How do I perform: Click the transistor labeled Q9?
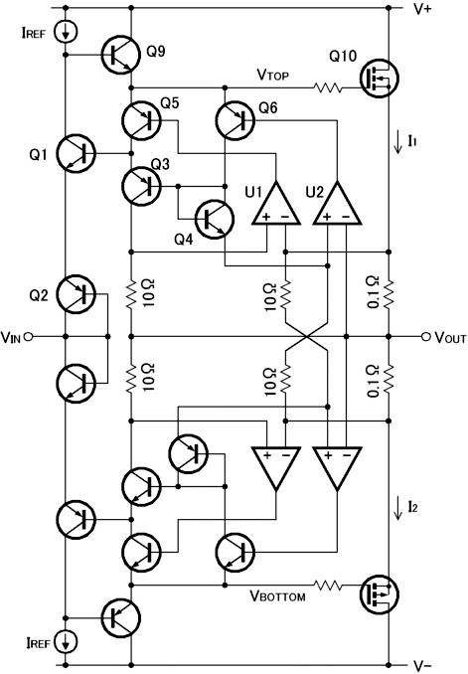tap(121, 54)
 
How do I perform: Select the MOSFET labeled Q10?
tap(379, 79)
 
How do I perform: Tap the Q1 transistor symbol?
tap(77, 153)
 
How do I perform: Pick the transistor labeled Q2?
tap(77, 294)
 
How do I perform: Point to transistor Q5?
tap(141, 120)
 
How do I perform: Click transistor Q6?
tap(235, 120)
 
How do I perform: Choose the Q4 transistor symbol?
tap(215, 219)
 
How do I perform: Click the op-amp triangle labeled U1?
tap(275, 203)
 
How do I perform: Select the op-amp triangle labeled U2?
tap(337, 203)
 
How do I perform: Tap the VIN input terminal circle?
tap(28, 337)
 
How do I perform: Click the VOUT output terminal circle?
tap(425, 337)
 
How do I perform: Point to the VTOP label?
tap(273, 75)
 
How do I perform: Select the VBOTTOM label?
tap(277, 595)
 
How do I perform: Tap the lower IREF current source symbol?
tap(66, 641)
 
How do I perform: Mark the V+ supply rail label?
tap(422, 9)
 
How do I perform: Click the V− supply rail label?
tap(422, 666)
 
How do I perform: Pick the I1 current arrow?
tap(398, 143)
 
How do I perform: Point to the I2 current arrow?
tap(398, 509)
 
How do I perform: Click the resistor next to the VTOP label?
tap(328, 88)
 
